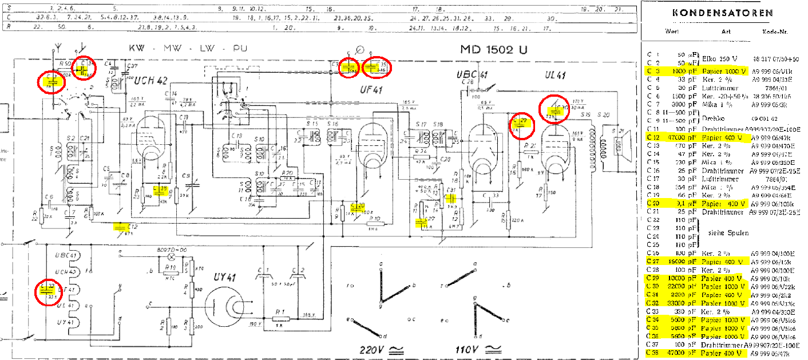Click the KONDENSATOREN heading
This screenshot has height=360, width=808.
click(723, 13)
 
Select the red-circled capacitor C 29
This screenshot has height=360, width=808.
click(521, 125)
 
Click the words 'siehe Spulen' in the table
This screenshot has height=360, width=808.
click(728, 233)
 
